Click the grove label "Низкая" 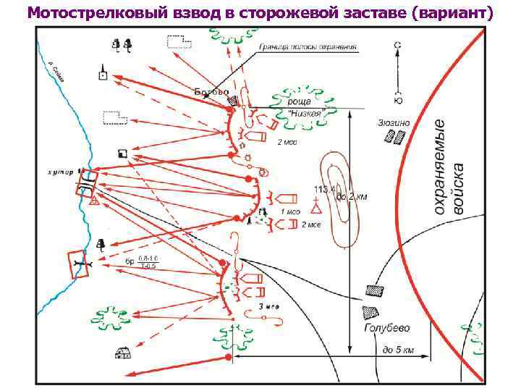(x=304, y=114)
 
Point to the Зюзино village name (x=393, y=123)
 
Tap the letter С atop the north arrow (x=397, y=45)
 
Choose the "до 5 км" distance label (x=397, y=350)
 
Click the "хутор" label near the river (x=60, y=172)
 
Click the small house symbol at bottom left (x=121, y=353)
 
